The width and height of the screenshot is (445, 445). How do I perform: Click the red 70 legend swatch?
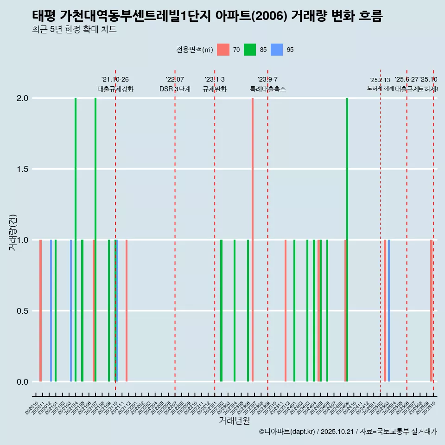223,50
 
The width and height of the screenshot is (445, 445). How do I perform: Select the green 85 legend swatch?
250,50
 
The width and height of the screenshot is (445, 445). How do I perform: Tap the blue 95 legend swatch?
277,50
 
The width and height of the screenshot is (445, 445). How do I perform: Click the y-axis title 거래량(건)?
13,233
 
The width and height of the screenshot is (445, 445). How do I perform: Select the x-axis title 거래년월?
235,420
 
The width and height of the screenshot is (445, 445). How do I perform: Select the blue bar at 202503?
389,311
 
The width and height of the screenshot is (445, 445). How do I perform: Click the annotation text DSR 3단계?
175,89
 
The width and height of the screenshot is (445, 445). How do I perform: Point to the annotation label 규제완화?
215,89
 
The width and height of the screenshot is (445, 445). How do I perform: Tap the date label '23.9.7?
267,79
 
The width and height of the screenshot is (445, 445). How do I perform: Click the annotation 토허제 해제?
380,88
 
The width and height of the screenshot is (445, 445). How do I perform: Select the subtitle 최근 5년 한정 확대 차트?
74,30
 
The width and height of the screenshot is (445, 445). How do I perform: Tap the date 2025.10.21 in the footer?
338,432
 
